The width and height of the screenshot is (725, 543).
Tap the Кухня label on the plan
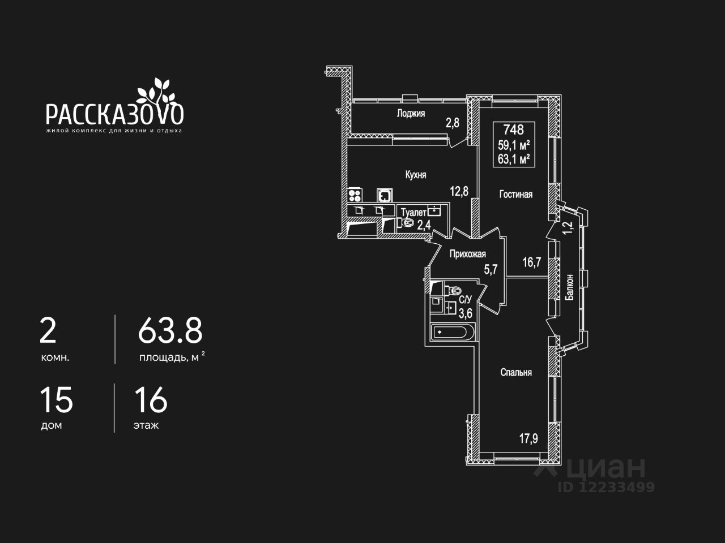416,175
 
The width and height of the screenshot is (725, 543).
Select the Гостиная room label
515,195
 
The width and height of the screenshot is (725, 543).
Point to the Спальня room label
516,372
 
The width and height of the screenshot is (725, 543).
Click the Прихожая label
468,254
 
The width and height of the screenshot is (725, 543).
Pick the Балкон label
570,290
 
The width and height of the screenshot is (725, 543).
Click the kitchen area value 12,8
459,191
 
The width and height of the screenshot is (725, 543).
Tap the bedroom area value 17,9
528,438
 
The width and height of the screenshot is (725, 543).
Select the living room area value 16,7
531,262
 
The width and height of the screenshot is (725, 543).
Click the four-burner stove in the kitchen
355,196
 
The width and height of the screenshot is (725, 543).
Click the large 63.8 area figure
170,331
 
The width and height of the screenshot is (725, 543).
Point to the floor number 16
151,400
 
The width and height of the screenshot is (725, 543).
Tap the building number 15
56,400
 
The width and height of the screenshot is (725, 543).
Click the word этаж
146,425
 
